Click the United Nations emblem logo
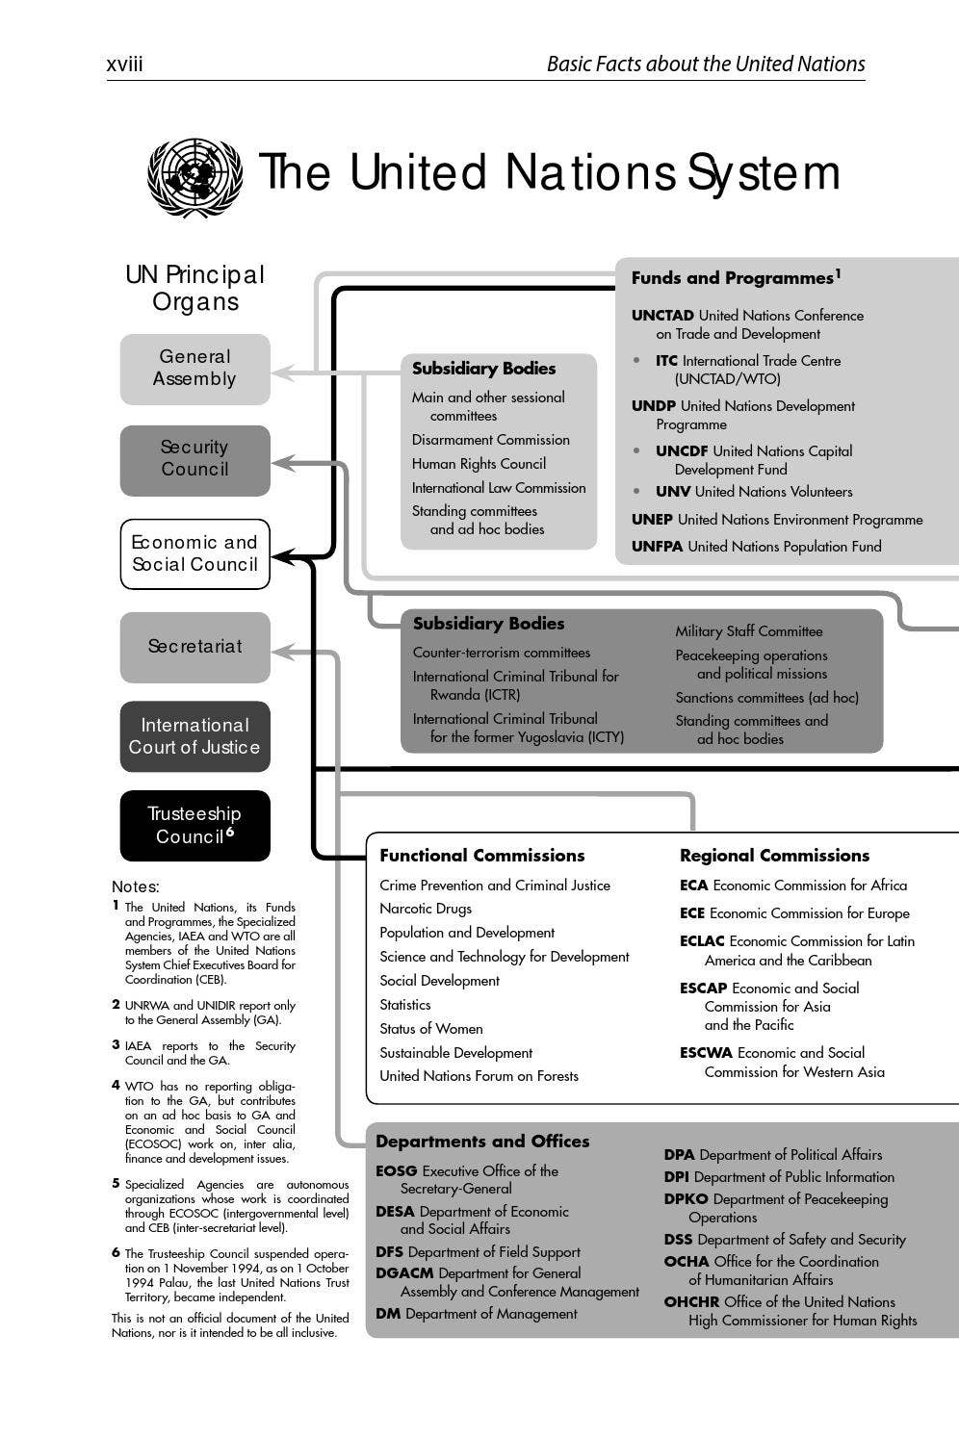tap(194, 177)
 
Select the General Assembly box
tap(194, 369)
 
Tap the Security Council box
tap(194, 459)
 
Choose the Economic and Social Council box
tap(194, 553)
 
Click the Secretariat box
tap(194, 647)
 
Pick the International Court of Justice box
tap(194, 736)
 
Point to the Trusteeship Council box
tap(194, 826)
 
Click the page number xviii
tap(124, 64)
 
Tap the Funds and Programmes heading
tap(732, 278)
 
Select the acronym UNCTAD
tap(662, 316)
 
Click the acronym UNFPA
tap(657, 547)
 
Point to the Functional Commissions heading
tap(481, 856)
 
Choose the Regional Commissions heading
tap(774, 856)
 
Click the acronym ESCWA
tap(706, 1053)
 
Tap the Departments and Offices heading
tap(481, 1142)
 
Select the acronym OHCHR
tap(691, 1302)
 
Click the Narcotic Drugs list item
tap(426, 909)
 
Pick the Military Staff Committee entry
tap(748, 631)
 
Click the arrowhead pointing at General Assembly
tap(280, 372)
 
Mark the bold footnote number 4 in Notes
tap(116, 1085)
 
